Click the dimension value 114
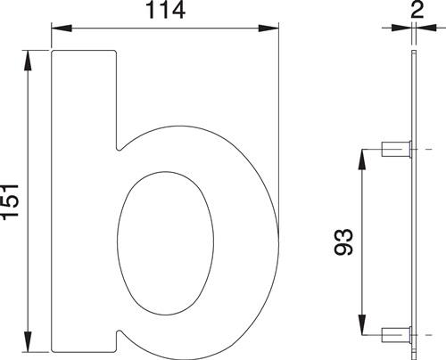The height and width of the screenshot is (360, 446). point(164,12)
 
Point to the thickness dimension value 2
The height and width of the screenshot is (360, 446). point(416,10)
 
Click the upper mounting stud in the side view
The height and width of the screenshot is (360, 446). point(394,149)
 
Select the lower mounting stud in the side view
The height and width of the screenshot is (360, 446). point(394,336)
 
